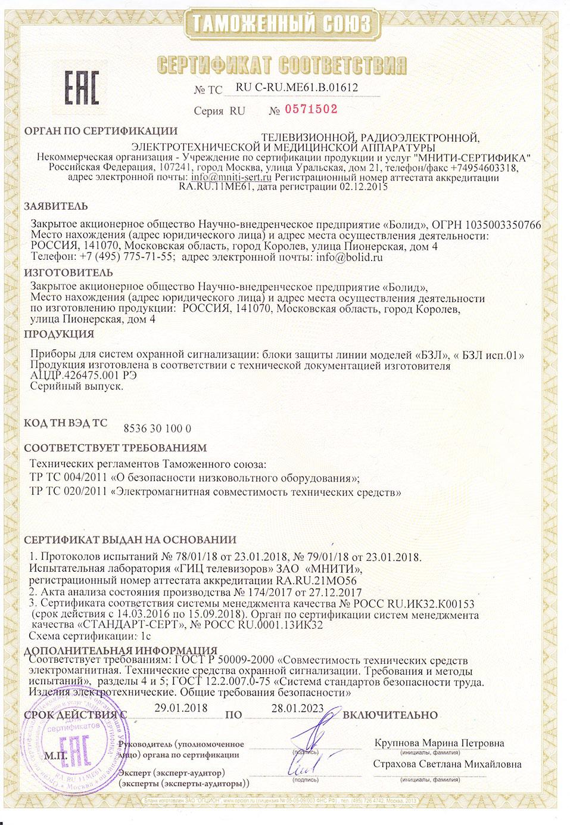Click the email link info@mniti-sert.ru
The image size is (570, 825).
[x=232, y=177]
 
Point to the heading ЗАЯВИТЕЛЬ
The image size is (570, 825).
[x=55, y=207]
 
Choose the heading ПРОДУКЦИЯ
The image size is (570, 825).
[x=58, y=333]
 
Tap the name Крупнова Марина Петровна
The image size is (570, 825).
[x=439, y=743]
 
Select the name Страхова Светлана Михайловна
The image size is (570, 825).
[x=447, y=764]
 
